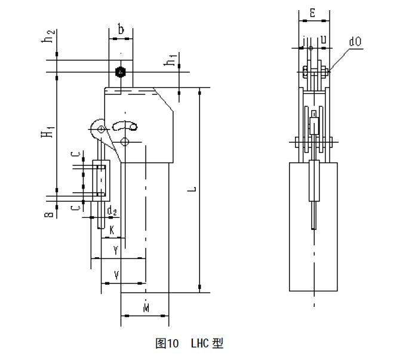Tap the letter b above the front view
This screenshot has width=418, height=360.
[x=121, y=29]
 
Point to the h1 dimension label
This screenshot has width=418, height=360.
[x=171, y=60]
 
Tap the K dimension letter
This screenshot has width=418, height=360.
[x=112, y=229]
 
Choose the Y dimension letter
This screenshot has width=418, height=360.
[x=115, y=251]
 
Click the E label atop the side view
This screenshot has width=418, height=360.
[x=314, y=12]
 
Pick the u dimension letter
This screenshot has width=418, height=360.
[x=323, y=39]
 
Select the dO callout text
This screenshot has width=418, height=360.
[x=355, y=43]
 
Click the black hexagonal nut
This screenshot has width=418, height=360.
[x=121, y=72]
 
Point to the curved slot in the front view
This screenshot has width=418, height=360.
[x=125, y=125]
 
